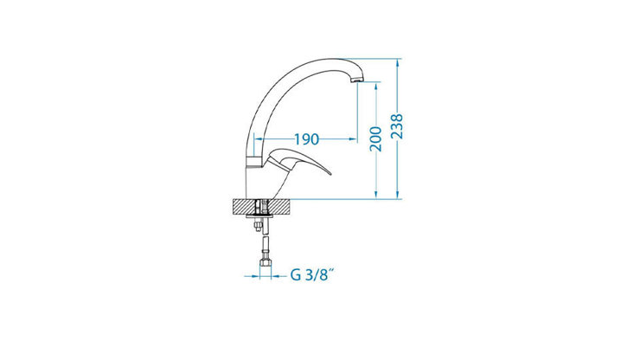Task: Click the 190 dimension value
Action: (307, 138)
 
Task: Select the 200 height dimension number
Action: (376, 139)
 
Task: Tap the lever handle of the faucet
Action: (303, 164)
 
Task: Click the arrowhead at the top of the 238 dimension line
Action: (397, 63)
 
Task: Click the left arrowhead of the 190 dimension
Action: (258, 138)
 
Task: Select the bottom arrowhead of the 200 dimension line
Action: (376, 195)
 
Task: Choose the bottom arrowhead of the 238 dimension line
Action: (397, 195)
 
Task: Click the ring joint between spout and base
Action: (256, 163)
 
